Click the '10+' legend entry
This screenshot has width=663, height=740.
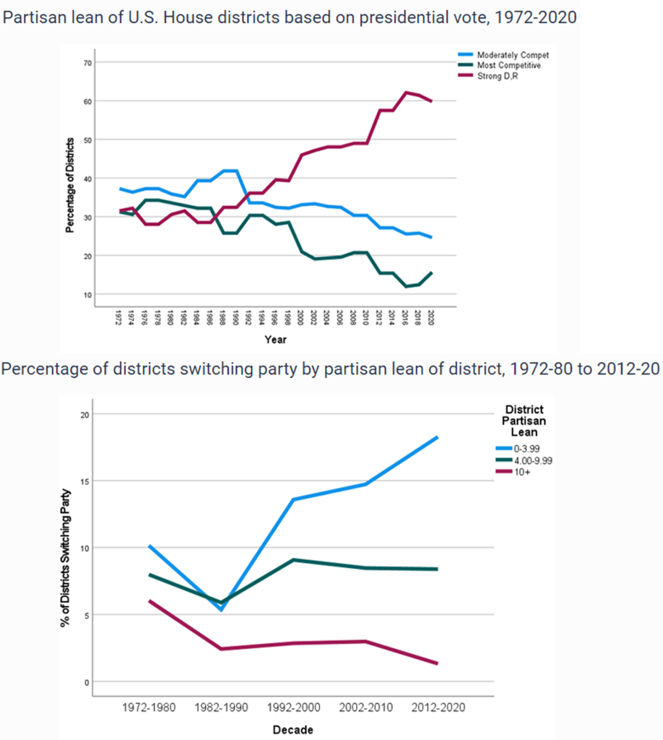pos(523,471)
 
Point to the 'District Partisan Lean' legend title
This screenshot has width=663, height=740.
pos(524,421)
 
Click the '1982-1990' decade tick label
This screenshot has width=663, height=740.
pos(220,708)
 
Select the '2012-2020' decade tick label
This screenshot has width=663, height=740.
pos(437,708)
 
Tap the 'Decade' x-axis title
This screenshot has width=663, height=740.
pos(292,730)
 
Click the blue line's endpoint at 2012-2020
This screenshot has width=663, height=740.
pos(438,437)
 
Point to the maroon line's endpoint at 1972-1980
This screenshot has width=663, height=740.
pos(149,601)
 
